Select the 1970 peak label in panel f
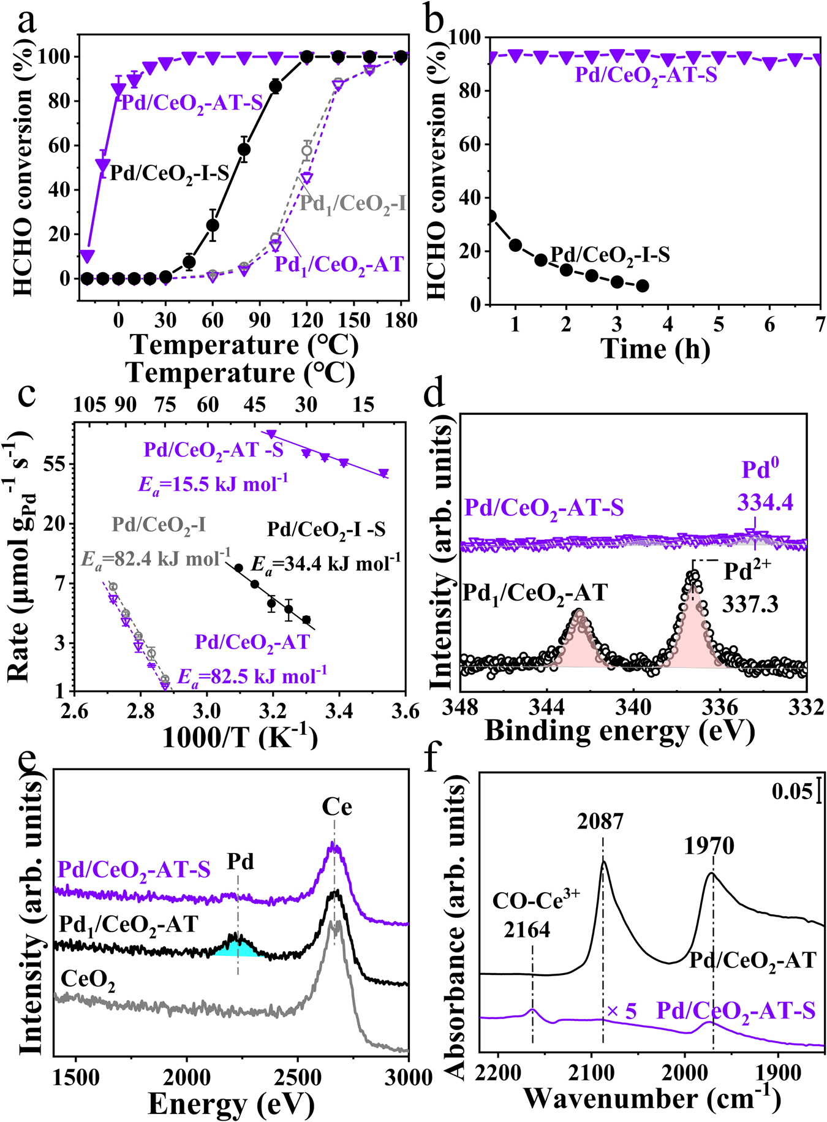click(709, 846)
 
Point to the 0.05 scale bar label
click(792, 791)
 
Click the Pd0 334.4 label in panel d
click(765, 486)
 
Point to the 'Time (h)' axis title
click(656, 349)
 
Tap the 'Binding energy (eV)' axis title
click(619, 731)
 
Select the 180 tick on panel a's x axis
click(401, 320)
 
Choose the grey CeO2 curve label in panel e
click(88, 981)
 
